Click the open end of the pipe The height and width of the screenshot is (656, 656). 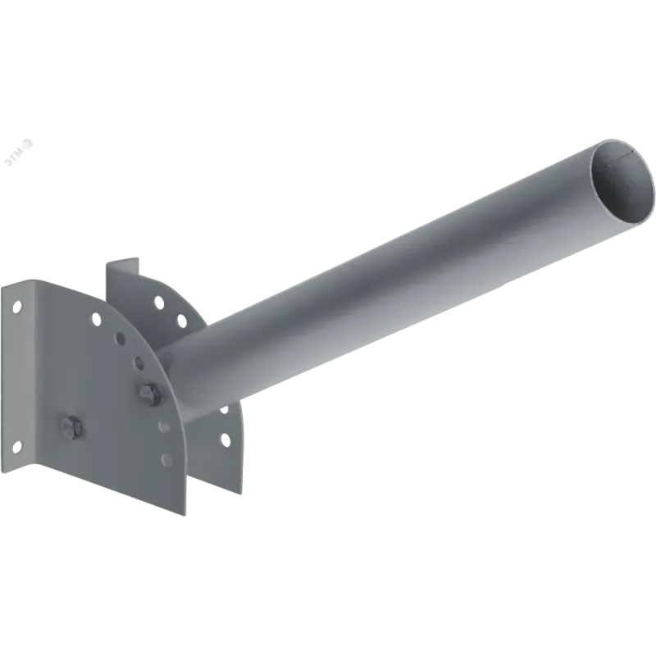click(x=622, y=181)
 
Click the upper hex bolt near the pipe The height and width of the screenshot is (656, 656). click(x=151, y=394)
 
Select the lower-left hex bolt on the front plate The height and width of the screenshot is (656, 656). click(x=72, y=427)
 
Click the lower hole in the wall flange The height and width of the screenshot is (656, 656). click(x=16, y=447)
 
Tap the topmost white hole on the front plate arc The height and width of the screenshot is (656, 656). click(x=96, y=320)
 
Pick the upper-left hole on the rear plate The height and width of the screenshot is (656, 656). click(x=159, y=302)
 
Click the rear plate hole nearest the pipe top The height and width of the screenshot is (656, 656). click(x=181, y=321)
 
